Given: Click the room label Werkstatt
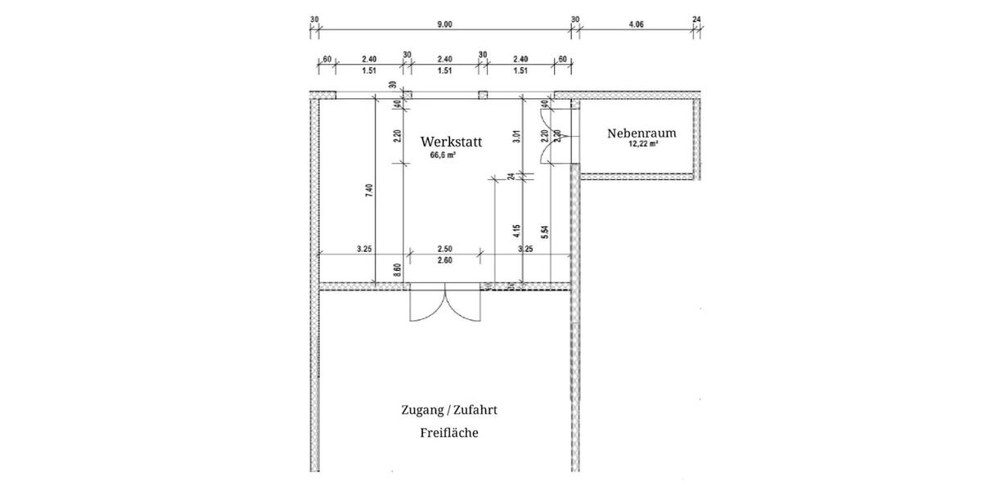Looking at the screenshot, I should [451, 141].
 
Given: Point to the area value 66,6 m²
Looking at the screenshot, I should [443, 154].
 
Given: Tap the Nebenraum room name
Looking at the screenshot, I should [642, 133].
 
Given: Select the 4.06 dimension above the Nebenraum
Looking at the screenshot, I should [636, 25].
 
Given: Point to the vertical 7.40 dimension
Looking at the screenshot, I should [370, 190].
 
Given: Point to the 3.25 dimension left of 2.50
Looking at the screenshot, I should [365, 248].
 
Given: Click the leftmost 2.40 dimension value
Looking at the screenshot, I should [369, 59].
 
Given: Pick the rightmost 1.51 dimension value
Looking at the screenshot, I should [520, 71].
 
